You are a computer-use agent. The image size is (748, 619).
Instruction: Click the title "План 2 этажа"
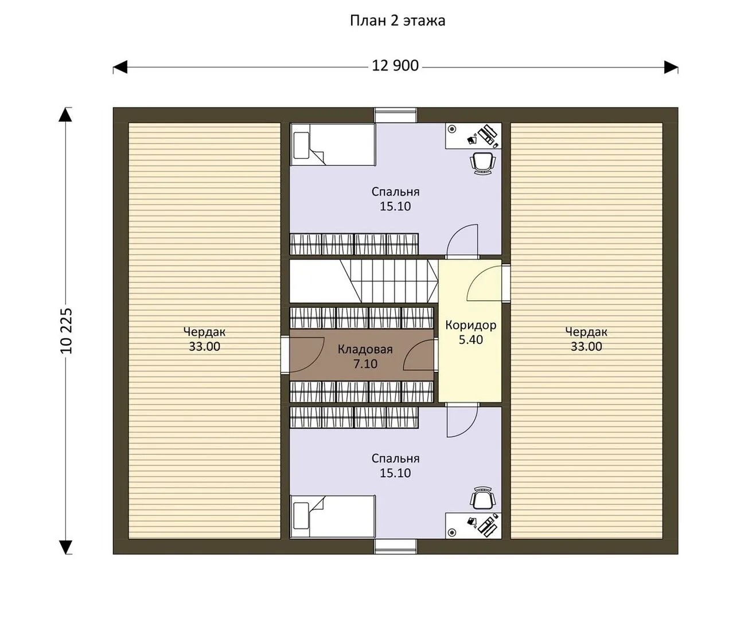coord(398,21)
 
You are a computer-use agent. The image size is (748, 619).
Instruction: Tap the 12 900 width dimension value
coord(395,66)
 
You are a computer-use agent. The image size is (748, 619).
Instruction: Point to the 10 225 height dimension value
coord(67,331)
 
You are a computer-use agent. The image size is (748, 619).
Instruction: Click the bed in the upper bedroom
coord(333,144)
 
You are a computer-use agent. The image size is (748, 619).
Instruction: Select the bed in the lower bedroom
coord(333,516)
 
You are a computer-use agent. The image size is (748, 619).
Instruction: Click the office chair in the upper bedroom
coord(482,163)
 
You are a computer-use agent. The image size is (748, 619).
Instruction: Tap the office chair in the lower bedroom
coord(482,498)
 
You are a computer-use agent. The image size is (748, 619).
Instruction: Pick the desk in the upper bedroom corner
coord(473,136)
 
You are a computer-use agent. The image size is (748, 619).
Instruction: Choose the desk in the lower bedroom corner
coord(473,526)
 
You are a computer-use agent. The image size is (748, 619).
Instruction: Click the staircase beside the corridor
coord(389,281)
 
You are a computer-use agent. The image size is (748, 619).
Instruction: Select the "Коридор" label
coord(471,325)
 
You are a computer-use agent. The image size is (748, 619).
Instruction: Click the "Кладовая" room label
coord(365,349)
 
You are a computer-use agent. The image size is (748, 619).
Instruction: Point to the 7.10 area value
coord(365,364)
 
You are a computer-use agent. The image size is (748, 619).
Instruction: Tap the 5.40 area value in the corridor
coord(471,340)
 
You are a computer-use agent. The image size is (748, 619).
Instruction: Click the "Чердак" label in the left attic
coord(204,332)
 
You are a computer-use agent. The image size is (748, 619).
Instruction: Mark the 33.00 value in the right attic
coord(586,347)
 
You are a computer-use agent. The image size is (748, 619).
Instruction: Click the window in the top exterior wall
coord(396,115)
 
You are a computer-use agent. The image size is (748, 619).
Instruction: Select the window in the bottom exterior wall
coord(396,546)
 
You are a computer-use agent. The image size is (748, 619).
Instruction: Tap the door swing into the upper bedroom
coord(462,240)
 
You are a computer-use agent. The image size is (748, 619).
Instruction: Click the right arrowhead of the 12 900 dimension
coord(671,67)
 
